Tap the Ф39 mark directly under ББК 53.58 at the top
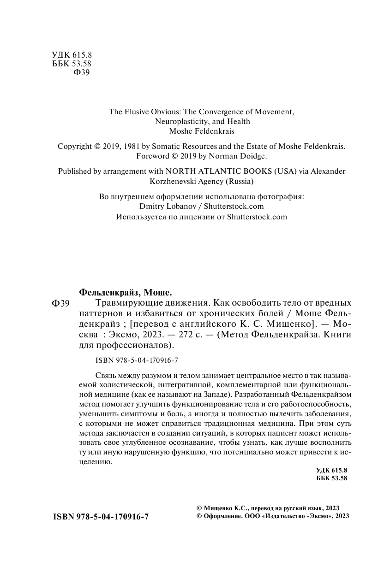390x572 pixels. click(82, 72)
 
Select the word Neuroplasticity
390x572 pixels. click(177, 122)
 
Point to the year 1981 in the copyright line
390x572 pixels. click(130, 146)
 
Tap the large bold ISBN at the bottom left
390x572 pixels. click(101, 517)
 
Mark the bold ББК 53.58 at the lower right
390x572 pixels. click(331, 478)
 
